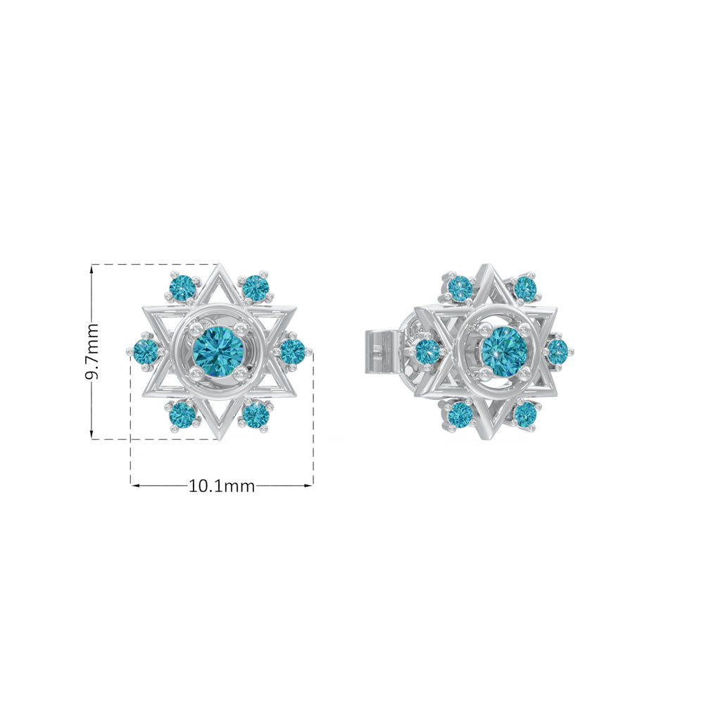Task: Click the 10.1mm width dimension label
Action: coord(221,486)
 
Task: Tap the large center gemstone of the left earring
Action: coord(218,350)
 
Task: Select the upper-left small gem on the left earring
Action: coord(182,288)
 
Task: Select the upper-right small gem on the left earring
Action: coord(256,288)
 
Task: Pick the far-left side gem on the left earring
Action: coord(146,351)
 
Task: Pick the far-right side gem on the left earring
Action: coord(292,351)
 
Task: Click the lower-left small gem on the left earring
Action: coord(182,413)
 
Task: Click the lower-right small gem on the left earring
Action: coord(256,413)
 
